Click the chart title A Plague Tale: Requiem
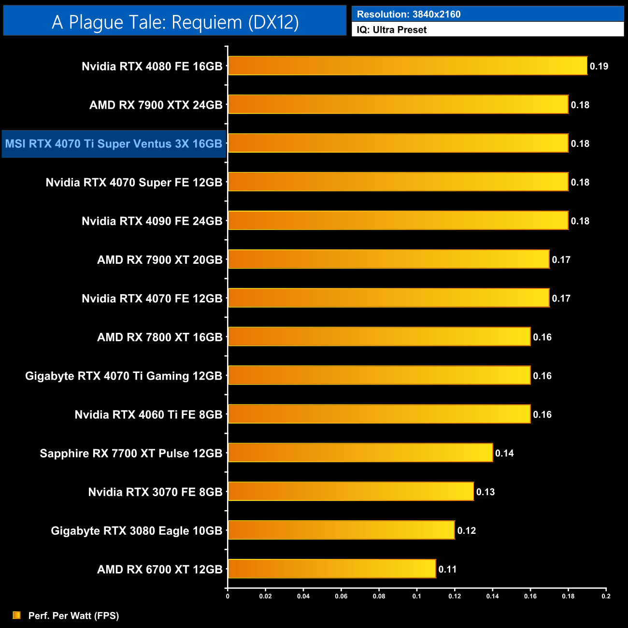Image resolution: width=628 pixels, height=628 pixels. tap(175, 22)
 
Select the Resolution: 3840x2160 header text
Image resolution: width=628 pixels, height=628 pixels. tap(408, 14)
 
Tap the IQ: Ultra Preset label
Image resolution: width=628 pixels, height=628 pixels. tap(391, 30)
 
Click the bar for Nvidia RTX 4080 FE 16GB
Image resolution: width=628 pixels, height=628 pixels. tap(407, 66)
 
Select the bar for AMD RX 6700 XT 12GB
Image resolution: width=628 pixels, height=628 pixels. tap(332, 569)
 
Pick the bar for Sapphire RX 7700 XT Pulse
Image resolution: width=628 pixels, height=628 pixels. tap(360, 453)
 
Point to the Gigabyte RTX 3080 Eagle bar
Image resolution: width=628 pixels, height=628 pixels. tap(341, 530)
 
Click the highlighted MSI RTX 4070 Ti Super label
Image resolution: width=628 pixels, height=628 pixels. tap(114, 144)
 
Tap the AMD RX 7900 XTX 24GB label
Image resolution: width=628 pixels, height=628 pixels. tap(156, 105)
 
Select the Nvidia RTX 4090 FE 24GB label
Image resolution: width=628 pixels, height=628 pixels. tap(152, 221)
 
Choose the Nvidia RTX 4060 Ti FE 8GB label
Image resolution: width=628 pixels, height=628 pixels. tap(148, 414)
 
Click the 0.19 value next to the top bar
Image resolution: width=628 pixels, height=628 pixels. tap(599, 67)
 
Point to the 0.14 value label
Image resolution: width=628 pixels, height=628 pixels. tap(504, 453)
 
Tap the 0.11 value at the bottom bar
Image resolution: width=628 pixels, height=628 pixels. tap(447, 570)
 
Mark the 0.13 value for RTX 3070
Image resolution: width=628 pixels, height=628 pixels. tap(485, 492)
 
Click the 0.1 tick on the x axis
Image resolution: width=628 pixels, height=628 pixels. tap(416, 596)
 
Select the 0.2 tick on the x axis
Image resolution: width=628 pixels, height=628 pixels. tap(606, 596)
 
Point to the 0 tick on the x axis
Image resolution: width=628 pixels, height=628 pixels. tap(228, 596)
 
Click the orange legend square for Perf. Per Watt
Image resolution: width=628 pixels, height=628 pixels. tap(16, 615)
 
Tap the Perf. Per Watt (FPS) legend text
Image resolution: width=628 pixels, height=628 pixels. tap(73, 615)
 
